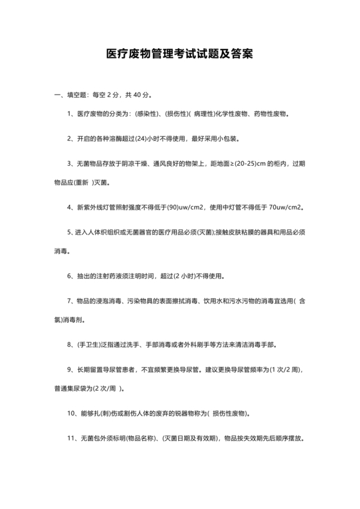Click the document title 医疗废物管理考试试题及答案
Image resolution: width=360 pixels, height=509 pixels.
179,55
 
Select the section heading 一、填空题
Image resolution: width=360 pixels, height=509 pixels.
71,95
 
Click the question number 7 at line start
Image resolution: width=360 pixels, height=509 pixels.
69,301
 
